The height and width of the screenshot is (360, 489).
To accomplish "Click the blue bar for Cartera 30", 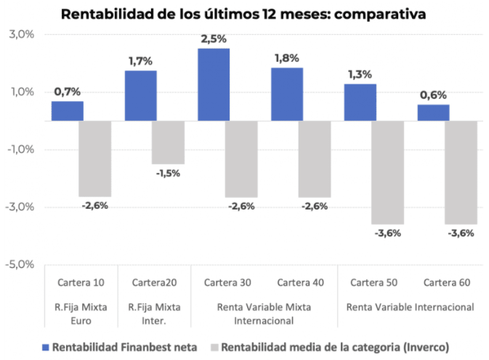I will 214,84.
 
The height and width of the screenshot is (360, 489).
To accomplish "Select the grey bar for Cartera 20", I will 168,142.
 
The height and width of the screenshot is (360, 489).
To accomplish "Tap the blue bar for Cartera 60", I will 433,113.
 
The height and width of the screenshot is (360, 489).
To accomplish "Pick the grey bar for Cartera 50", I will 388,172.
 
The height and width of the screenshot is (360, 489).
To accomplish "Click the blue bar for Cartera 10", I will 67,111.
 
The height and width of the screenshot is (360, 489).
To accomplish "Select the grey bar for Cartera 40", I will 314,159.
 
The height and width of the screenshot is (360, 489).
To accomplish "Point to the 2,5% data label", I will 213,39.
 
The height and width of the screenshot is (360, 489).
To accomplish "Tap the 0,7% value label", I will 67,92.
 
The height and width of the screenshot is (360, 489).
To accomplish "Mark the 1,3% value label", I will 359,74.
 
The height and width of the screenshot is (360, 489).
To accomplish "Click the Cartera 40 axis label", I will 300,282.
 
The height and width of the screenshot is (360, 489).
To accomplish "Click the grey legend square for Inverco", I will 214,347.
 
